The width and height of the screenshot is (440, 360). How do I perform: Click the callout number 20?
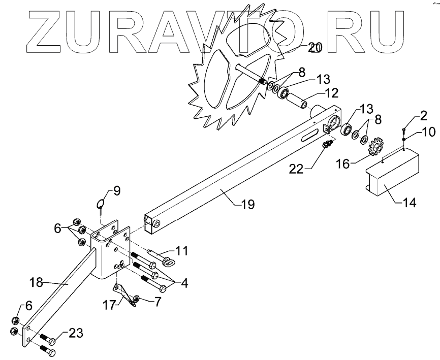tap(315, 48)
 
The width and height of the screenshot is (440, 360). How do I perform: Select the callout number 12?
tap(332, 94)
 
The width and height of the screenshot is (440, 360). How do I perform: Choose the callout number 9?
tap(116, 191)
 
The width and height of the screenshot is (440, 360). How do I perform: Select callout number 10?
tap(428, 133)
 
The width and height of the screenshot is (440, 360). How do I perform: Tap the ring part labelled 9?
tap(101, 204)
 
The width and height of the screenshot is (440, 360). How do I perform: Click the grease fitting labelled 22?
tap(328, 146)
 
